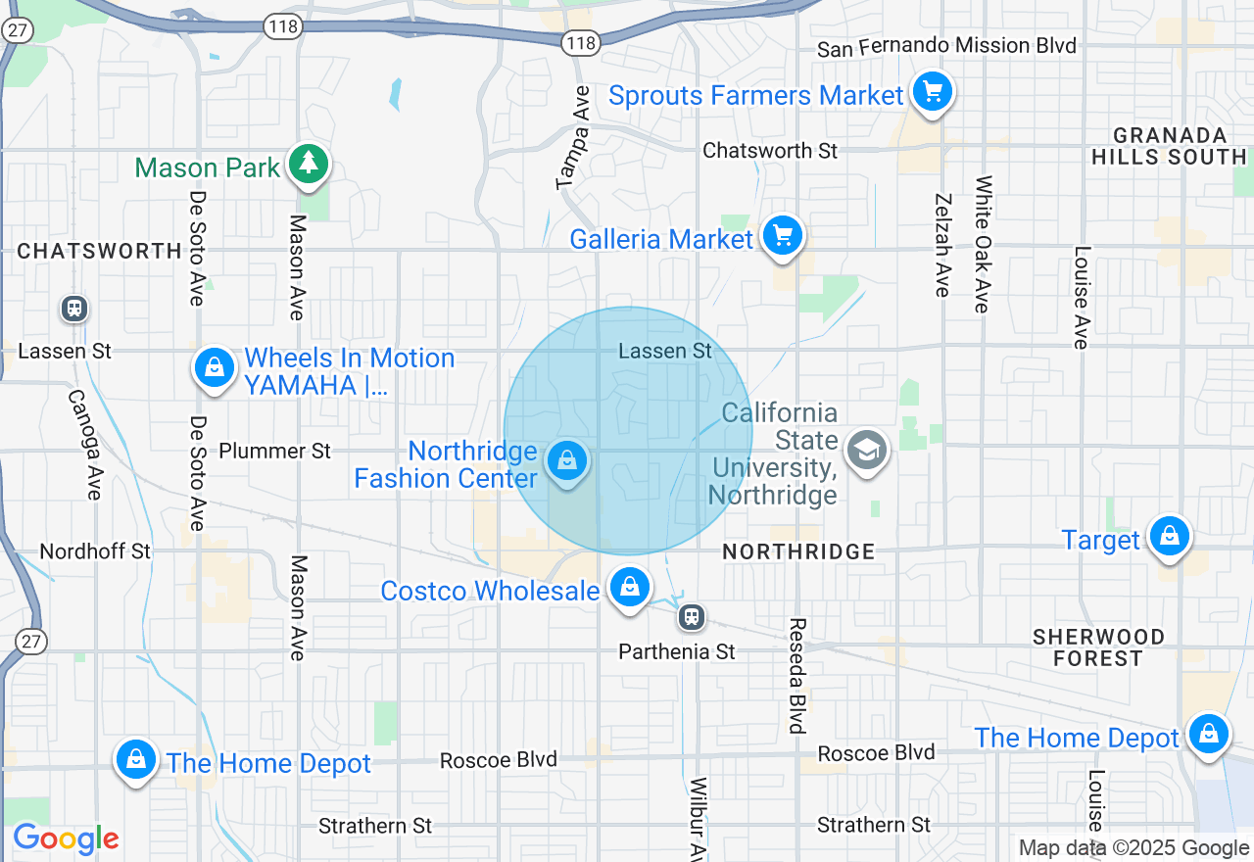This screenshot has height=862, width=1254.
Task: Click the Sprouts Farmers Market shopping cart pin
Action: click(932, 93)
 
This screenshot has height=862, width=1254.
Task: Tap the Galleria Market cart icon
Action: click(782, 237)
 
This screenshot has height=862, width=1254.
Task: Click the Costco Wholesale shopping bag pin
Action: click(629, 588)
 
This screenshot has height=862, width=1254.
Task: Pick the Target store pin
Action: click(1169, 537)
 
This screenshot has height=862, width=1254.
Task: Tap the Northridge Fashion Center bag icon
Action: click(566, 459)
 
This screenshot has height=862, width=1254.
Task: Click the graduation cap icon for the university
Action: click(867, 451)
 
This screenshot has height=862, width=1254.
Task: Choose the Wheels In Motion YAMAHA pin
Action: click(213, 369)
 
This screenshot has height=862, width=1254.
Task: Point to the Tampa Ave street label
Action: click(574, 137)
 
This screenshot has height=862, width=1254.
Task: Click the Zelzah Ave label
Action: click(942, 245)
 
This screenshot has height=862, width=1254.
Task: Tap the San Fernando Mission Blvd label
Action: click(946, 46)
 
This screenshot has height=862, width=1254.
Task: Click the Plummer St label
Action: click(275, 451)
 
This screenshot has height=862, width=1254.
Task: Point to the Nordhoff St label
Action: click(95, 551)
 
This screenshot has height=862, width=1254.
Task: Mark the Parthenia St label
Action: click(677, 651)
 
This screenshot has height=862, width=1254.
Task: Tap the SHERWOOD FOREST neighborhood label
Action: click(1098, 647)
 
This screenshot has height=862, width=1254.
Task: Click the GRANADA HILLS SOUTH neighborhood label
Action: click(1169, 146)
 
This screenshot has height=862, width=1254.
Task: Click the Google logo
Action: click(66, 838)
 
